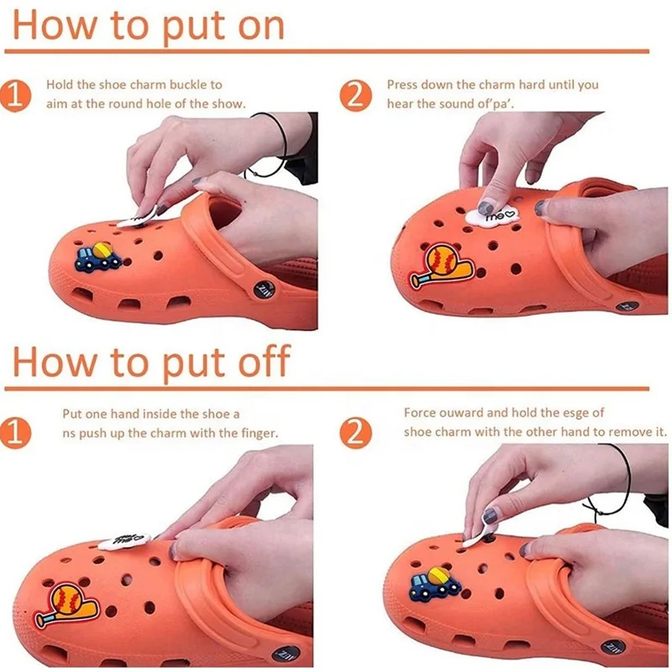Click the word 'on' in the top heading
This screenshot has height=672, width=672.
(x=260, y=26)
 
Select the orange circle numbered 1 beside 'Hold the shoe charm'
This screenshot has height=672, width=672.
(x=15, y=95)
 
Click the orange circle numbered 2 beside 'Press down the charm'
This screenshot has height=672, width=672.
(x=355, y=95)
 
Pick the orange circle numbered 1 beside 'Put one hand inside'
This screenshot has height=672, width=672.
(x=15, y=432)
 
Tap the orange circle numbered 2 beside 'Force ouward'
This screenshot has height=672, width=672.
(x=355, y=432)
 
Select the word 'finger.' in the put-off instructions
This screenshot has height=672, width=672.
(x=260, y=433)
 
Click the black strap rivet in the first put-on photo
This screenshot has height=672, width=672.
(x=263, y=291)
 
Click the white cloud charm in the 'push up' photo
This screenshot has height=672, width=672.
(x=124, y=541)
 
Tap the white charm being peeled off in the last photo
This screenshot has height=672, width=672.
(x=480, y=532)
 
